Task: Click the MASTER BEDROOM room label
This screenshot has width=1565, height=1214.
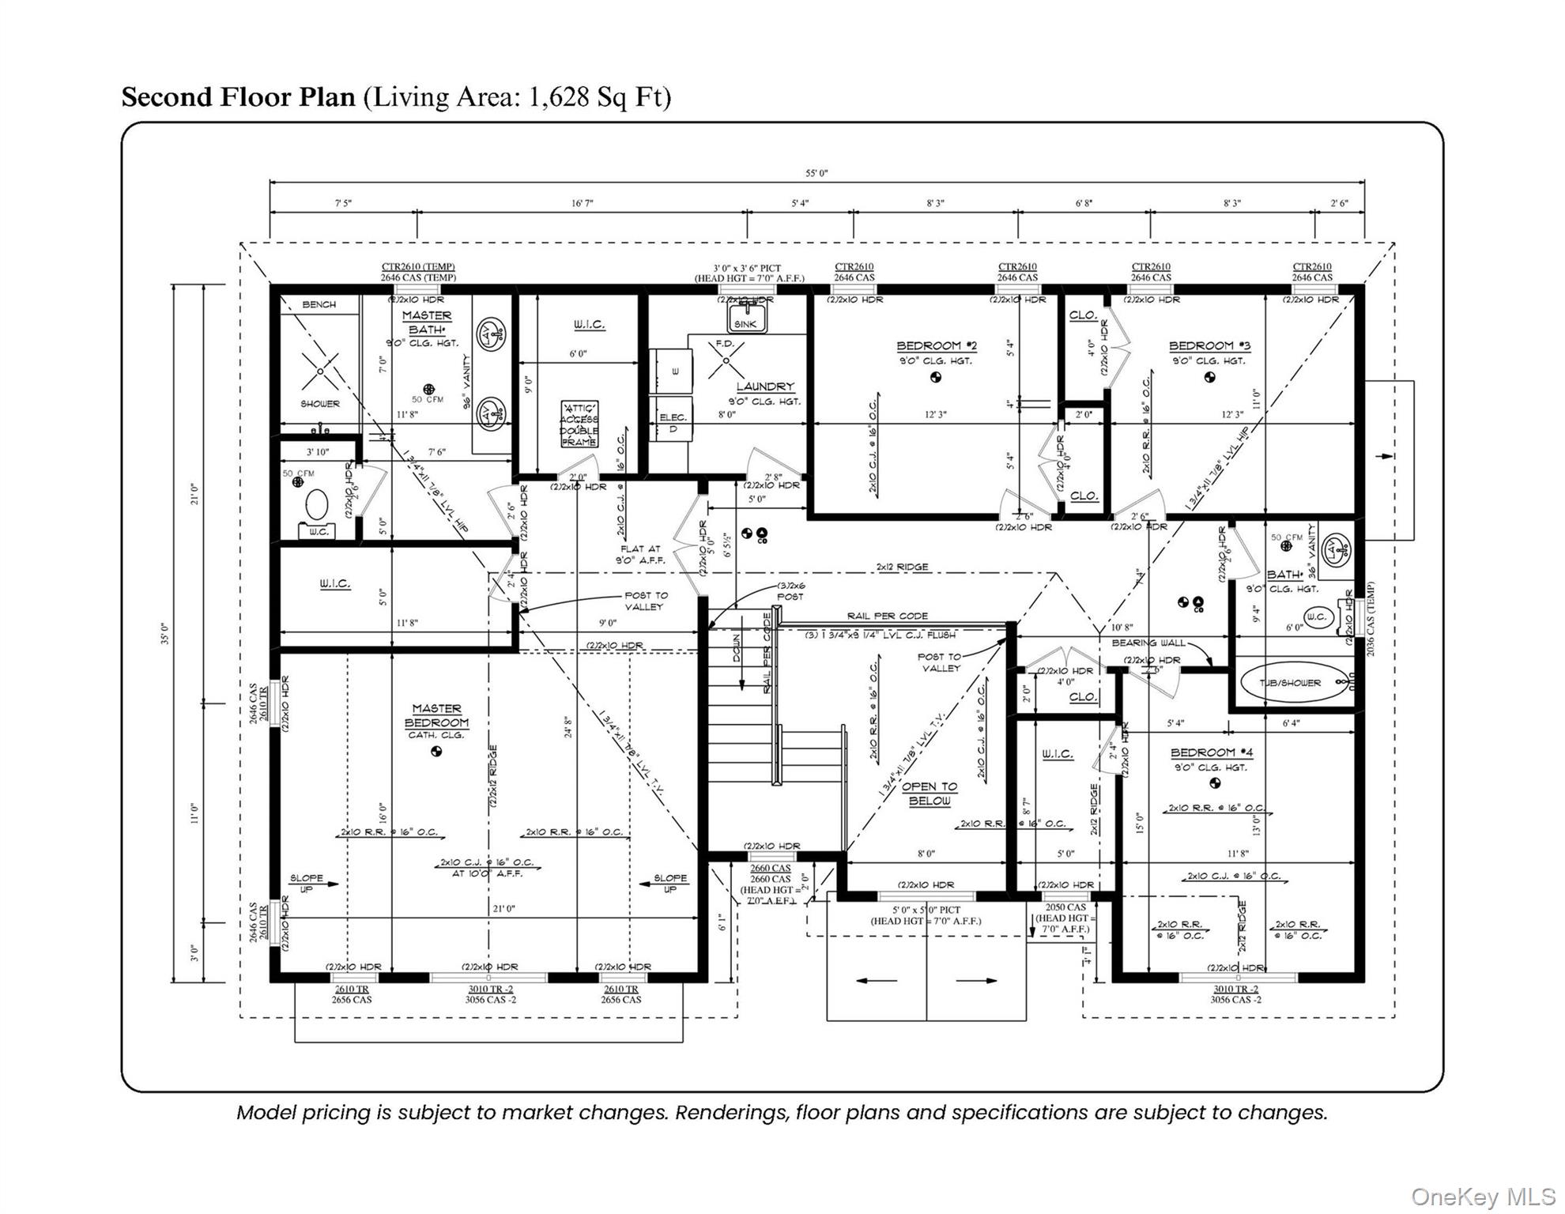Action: pyautogui.click(x=436, y=716)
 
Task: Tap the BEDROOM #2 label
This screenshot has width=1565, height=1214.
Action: pyautogui.click(x=937, y=346)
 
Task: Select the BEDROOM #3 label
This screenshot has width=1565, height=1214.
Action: pyautogui.click(x=1209, y=346)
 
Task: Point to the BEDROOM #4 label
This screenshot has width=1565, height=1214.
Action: pyautogui.click(x=1211, y=753)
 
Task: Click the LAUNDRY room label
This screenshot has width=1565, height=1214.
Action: pyautogui.click(x=765, y=386)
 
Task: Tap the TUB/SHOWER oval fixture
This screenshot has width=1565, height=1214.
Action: pyautogui.click(x=1290, y=682)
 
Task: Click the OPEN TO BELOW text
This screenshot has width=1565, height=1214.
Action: pyautogui.click(x=930, y=794)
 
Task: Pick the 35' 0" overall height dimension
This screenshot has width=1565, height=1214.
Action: pyautogui.click(x=165, y=633)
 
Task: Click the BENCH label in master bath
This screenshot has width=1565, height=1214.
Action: pyautogui.click(x=319, y=304)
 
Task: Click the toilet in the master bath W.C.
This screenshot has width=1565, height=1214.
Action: pyautogui.click(x=317, y=506)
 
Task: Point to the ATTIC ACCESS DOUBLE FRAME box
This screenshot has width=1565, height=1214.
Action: pyautogui.click(x=579, y=424)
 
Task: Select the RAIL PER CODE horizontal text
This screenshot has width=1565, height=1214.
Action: pyautogui.click(x=887, y=616)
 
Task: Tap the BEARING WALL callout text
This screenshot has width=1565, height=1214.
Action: pyautogui.click(x=1148, y=643)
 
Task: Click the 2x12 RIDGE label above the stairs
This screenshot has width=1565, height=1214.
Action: pyautogui.click(x=902, y=567)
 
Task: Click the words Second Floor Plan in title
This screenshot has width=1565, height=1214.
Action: pyautogui.click(x=238, y=96)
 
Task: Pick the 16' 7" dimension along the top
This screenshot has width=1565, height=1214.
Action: pyautogui.click(x=583, y=204)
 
